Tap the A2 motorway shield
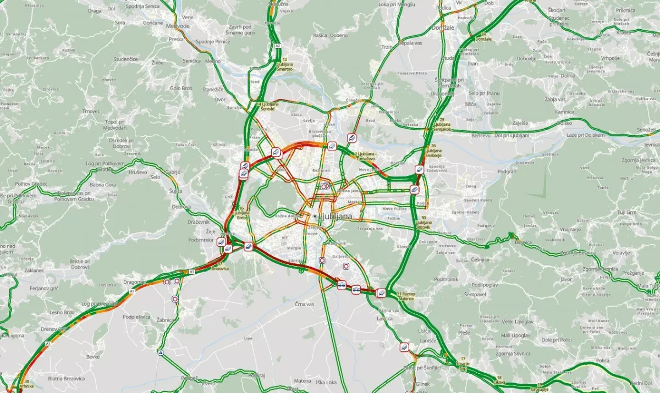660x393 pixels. pyautogui.click(x=278, y=46)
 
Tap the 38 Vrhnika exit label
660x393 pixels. pyautogui.click(x=26, y=384)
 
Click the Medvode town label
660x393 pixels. pyautogui.click(x=177, y=25)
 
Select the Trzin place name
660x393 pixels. pyautogui.click(x=387, y=47)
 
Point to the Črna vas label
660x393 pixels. pyautogui.click(x=304, y=304)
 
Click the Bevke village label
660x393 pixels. pyautogui.click(x=93, y=357)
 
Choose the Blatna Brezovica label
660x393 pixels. pyautogui.click(x=66, y=378)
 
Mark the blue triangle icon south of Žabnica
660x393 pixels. pyautogui.click(x=161, y=352)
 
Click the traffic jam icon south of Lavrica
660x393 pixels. pyautogui.click(x=405, y=347)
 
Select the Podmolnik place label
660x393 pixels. pyautogui.click(x=446, y=279)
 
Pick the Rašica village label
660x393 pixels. pyautogui.click(x=320, y=35)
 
